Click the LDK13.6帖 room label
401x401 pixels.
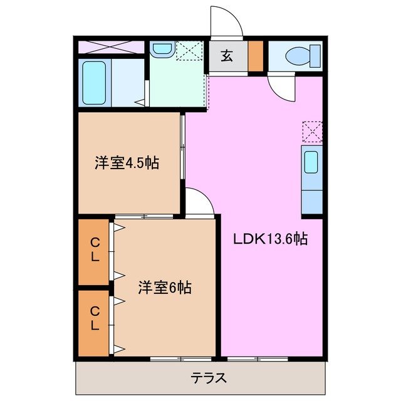(x=270, y=239)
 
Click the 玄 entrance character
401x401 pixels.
(x=227, y=56)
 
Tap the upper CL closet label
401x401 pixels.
(x=95, y=249)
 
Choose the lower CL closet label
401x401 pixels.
(x=95, y=318)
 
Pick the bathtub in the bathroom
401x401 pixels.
(x=96, y=83)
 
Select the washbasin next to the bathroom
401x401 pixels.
(x=162, y=49)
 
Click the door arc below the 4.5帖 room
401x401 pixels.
(x=199, y=202)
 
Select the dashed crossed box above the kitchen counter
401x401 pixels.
(x=311, y=132)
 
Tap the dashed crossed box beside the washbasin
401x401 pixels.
(x=187, y=50)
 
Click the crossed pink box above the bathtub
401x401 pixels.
(x=112, y=47)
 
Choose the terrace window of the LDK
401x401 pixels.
(x=253, y=358)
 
